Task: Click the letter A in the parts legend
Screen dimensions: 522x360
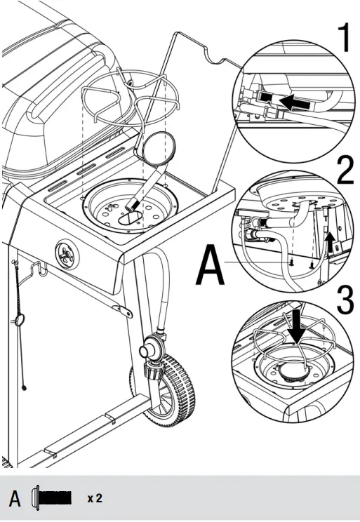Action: tap(15, 499)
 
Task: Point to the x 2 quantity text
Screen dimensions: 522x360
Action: tap(95, 499)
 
